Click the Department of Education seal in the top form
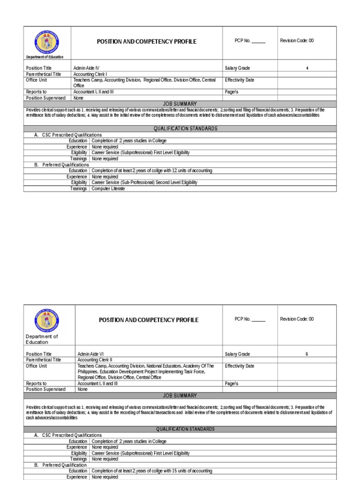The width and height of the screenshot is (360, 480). tap(46, 41)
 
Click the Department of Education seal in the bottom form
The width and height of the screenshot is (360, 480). tap(46, 320)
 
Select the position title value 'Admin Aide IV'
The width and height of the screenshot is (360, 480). tap(86, 68)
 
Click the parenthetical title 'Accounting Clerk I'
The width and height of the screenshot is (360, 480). tap(90, 74)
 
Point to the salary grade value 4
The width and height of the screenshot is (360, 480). tap(307, 68)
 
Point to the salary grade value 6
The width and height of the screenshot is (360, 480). tap(307, 354)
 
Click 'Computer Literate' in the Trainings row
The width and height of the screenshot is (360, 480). tap(108, 188)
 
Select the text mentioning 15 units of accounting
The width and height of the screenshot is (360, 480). tap(152, 471)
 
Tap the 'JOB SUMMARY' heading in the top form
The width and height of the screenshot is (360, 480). tap(180, 104)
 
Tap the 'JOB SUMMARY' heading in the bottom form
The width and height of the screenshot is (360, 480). tap(180, 396)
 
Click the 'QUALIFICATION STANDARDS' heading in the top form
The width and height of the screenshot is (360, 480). tap(180, 128)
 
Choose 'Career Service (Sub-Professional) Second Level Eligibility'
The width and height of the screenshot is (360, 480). tap(144, 182)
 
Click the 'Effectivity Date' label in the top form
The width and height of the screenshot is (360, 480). tap(240, 80)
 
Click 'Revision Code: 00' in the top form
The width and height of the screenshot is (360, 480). tap(297, 40)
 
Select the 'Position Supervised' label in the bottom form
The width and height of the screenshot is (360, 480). tap(46, 389)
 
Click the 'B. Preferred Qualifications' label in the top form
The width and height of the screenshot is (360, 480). tap(62, 165)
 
